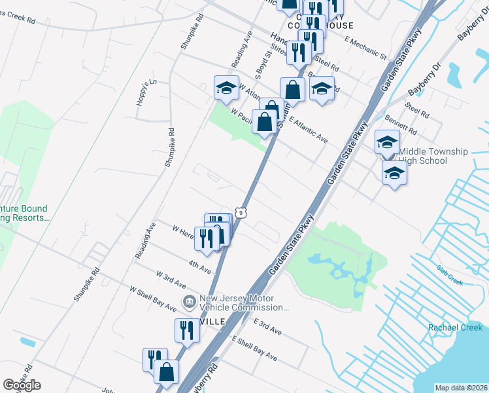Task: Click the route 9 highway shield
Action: tap(241, 212)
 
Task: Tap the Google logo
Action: tap(22, 385)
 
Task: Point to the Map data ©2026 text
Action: tap(461, 388)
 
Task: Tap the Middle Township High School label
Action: tap(433, 156)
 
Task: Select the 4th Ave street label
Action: tap(200, 266)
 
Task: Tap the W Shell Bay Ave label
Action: tap(153, 298)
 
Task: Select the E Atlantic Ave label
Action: tap(308, 130)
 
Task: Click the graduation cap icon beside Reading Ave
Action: tap(226, 87)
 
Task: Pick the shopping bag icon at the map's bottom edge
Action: tap(167, 371)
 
